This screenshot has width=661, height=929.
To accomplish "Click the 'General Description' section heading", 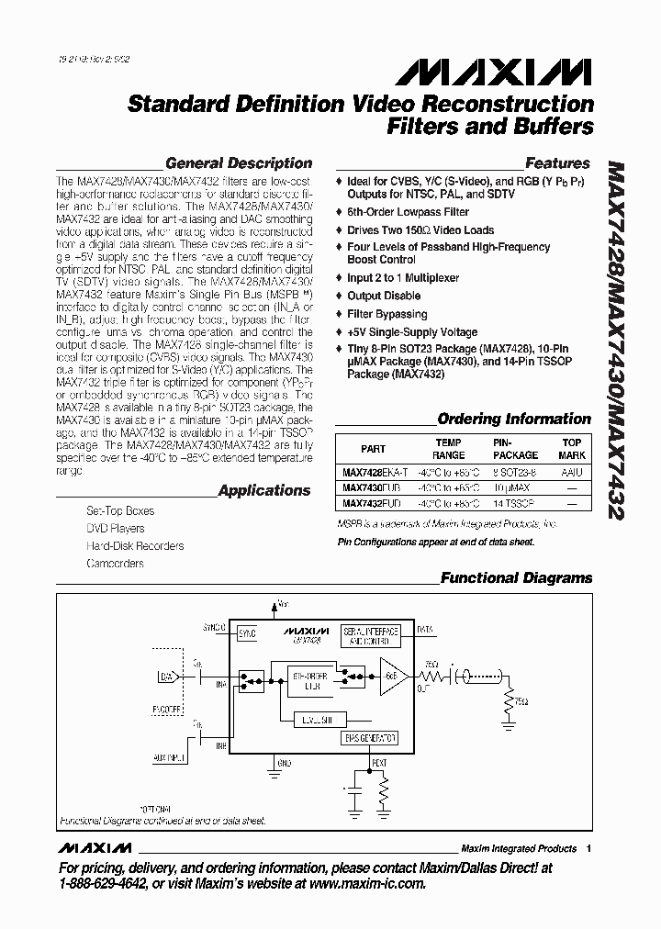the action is coord(239,163).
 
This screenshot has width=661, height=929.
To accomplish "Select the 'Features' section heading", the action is coord(557,163).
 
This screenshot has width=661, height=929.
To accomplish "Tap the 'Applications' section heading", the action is coord(264,490).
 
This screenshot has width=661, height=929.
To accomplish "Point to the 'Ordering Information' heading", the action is coord(514,419).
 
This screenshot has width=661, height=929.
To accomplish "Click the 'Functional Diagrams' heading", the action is coord(516,578).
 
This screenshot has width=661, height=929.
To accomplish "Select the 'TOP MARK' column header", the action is coord(572,448).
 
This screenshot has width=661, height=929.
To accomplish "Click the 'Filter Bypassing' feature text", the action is coord(387,314).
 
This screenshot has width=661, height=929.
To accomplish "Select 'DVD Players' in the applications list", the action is coord(115,528).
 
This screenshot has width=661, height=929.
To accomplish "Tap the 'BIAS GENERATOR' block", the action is coord(370,737).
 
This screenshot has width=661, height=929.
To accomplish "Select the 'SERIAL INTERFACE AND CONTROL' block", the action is coord(370,636).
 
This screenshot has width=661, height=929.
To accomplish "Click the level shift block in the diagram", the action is coord(315,720).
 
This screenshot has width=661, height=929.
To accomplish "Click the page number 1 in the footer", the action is coord(588,848).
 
